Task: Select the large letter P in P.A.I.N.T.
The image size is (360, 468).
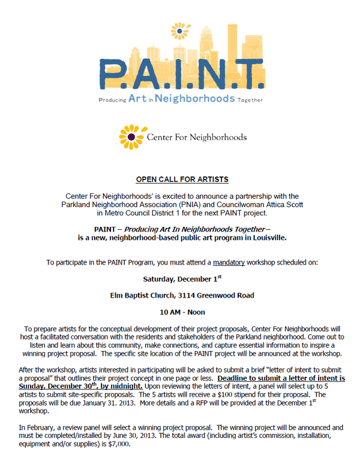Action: tap(112, 76)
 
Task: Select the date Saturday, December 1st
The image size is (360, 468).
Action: tap(182, 279)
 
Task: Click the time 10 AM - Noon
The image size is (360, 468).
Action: tap(182, 312)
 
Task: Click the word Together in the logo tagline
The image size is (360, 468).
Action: tap(250, 100)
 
